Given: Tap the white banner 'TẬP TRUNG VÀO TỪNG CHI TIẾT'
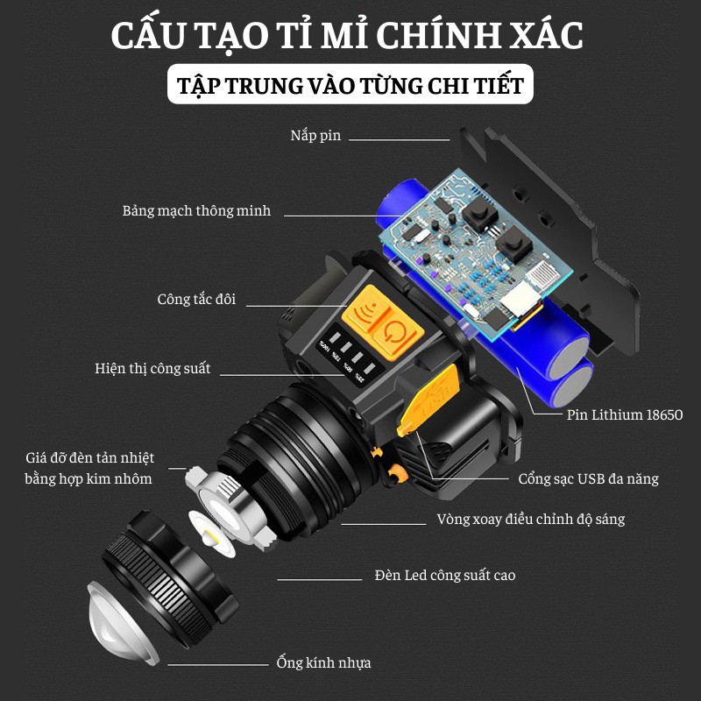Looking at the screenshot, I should pos(350,86).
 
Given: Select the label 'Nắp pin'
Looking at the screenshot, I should pos(315,136).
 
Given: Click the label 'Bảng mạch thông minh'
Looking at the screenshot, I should pos(196,211).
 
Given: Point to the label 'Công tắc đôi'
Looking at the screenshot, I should pos(196,300).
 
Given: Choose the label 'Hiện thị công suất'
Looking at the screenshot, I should pos(152,368).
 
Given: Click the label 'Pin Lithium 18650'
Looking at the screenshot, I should pos(625,415).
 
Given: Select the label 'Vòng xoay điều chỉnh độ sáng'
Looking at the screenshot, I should pos(530,520).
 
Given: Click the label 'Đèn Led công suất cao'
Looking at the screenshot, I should pos(444,576).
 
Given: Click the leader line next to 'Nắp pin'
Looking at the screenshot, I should pos(399,138).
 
